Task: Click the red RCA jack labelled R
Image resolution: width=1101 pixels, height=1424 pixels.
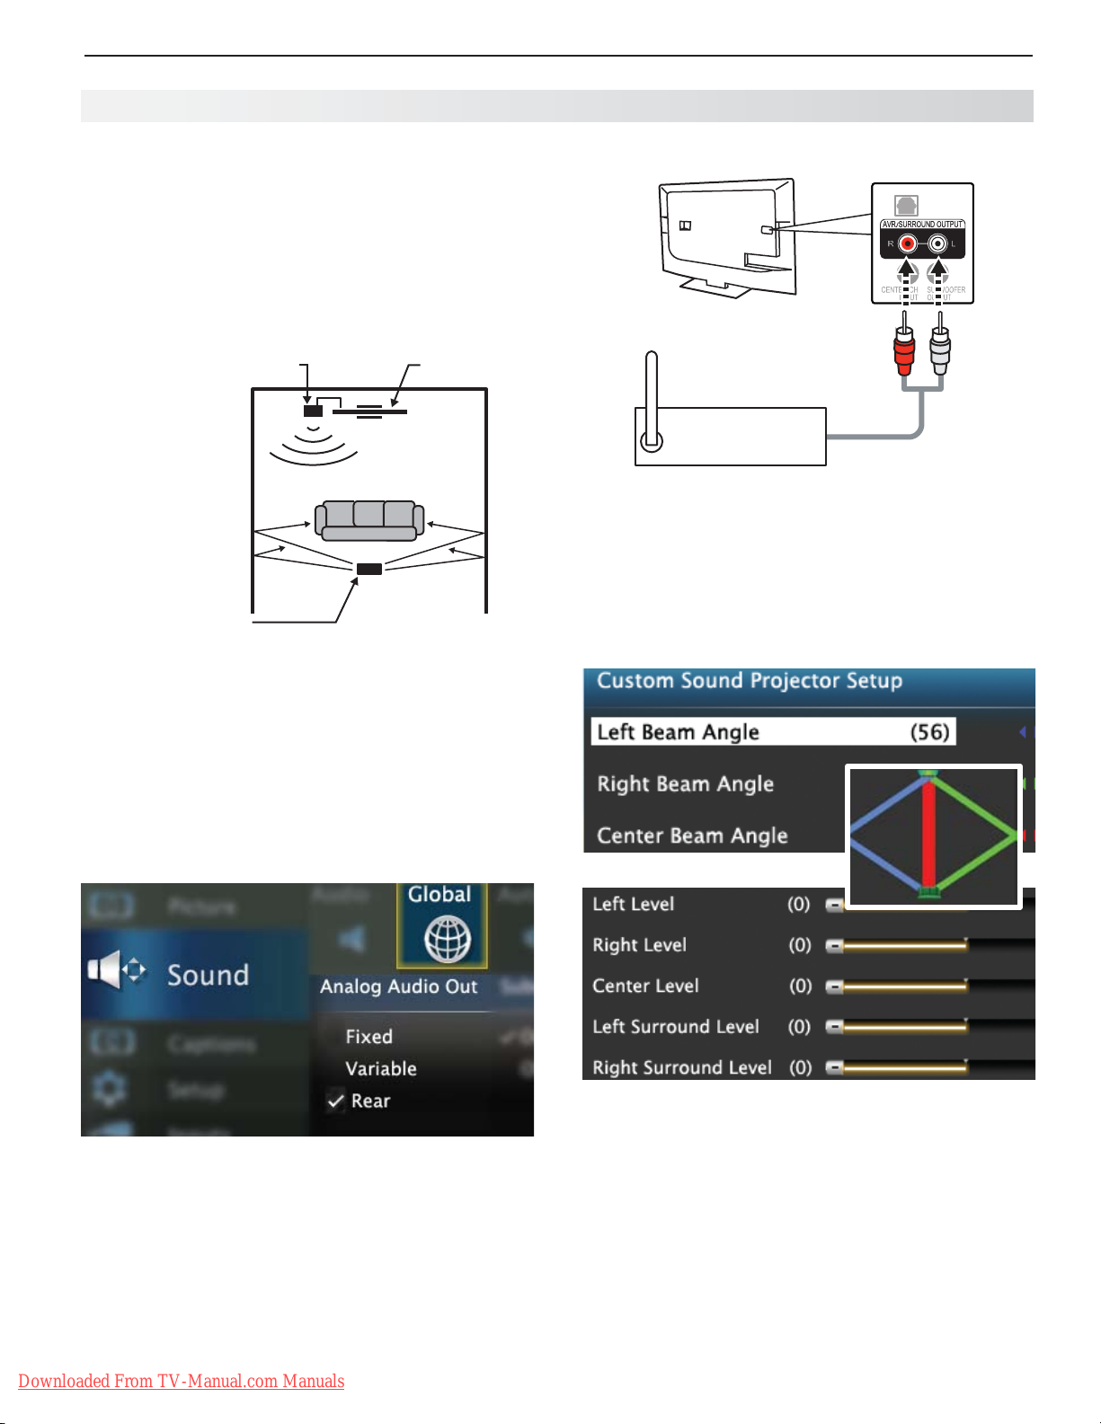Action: [908, 243]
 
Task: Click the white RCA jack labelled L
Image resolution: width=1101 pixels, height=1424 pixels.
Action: [938, 243]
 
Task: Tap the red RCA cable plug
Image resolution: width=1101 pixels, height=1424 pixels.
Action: [904, 349]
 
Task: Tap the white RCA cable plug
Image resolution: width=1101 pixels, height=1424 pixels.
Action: [940, 349]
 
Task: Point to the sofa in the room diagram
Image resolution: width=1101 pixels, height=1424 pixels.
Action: [368, 520]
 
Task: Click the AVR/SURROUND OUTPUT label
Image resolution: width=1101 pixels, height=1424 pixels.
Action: [922, 225]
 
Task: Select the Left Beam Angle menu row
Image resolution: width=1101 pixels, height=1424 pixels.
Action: [773, 732]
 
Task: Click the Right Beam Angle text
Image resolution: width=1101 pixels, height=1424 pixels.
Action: [685, 784]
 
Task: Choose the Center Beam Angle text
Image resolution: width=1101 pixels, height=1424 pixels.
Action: [692, 836]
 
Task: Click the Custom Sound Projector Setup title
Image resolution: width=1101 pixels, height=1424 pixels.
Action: [750, 681]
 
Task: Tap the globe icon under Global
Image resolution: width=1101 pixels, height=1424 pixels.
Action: [447, 940]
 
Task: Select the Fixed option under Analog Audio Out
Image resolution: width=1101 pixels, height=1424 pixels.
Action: [368, 1037]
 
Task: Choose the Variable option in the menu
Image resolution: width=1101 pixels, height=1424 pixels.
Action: [381, 1069]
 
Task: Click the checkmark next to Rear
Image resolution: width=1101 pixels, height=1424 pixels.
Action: [336, 1101]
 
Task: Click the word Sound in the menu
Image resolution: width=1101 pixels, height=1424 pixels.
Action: [208, 976]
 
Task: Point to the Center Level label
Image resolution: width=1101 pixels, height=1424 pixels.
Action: [645, 986]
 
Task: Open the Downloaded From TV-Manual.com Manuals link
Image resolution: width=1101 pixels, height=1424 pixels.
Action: [181, 1381]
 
